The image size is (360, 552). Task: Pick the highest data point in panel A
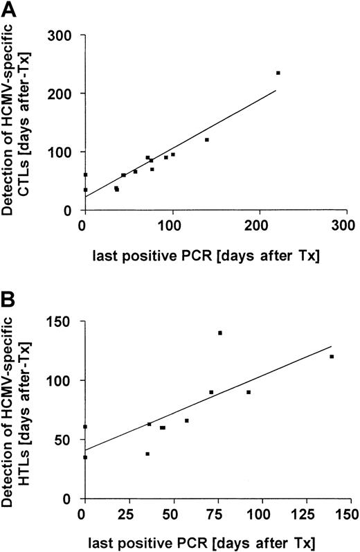278,73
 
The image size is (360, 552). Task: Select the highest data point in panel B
220,333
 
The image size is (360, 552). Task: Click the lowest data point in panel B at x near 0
85,457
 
